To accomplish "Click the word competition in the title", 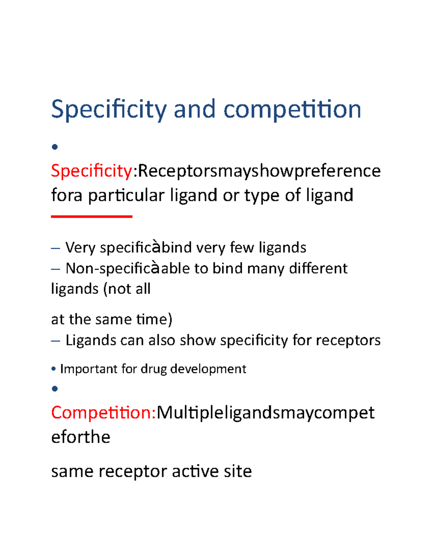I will [292, 110].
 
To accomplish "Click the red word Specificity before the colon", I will [92, 171].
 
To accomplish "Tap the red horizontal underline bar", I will [92, 216].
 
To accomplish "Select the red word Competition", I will [103, 413].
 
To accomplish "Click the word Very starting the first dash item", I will [80, 248].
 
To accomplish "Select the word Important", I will [89, 369].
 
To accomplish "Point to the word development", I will [208, 369].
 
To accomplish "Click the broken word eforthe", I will [81, 437].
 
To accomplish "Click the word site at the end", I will [237, 471].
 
